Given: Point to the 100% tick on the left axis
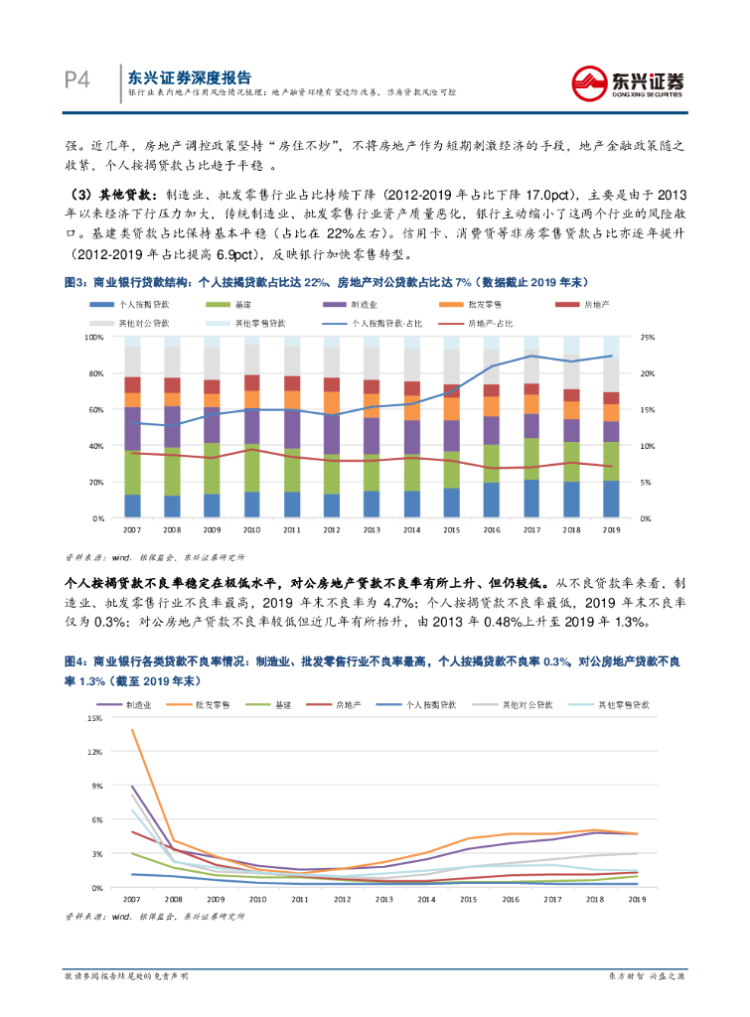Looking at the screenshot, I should (x=95, y=337).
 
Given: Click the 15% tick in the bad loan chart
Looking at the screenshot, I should (x=95, y=717).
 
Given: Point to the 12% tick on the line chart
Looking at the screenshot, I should (x=95, y=751).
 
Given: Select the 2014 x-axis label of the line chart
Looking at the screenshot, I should (x=426, y=899).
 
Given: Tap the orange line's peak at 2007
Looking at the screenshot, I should (x=131, y=731).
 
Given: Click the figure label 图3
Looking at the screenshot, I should (x=75, y=282).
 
